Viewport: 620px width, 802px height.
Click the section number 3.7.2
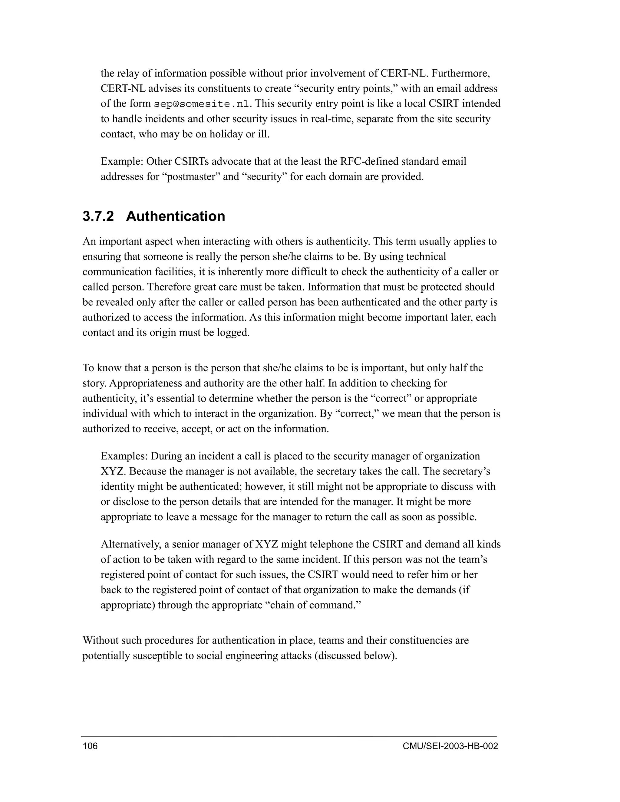pyautogui.click(x=98, y=216)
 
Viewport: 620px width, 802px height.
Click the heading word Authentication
pyautogui.click(x=175, y=216)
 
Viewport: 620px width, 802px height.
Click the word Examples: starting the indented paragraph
pyautogui.click(x=124, y=456)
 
